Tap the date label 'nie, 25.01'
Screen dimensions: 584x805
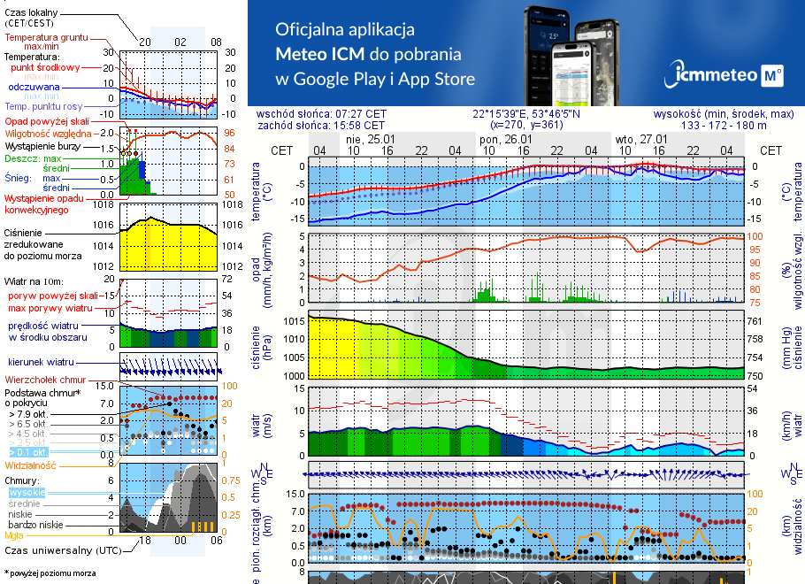pos(371,139)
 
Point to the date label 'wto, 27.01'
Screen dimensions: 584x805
pos(640,139)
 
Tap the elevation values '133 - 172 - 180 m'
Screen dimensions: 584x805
pos(724,126)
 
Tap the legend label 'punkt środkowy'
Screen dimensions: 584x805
pos(46,67)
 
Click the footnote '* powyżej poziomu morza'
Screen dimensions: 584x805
pos(50,573)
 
